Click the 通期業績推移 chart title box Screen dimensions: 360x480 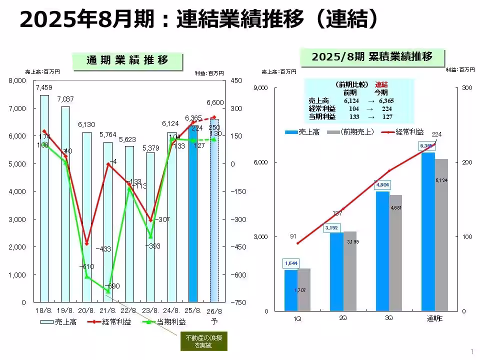(x=127, y=60)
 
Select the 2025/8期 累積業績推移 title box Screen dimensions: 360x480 (x=372, y=56)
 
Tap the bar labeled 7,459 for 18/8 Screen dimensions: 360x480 (x=44, y=198)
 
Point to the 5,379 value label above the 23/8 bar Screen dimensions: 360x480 (x=151, y=147)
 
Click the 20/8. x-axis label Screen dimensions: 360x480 (x=87, y=311)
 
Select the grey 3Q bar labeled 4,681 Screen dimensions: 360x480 (x=395, y=252)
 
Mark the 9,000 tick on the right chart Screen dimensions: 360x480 (x=261, y=88)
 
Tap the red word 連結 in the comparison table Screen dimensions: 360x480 (x=381, y=84)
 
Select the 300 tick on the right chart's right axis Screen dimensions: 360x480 (x=467, y=88)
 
